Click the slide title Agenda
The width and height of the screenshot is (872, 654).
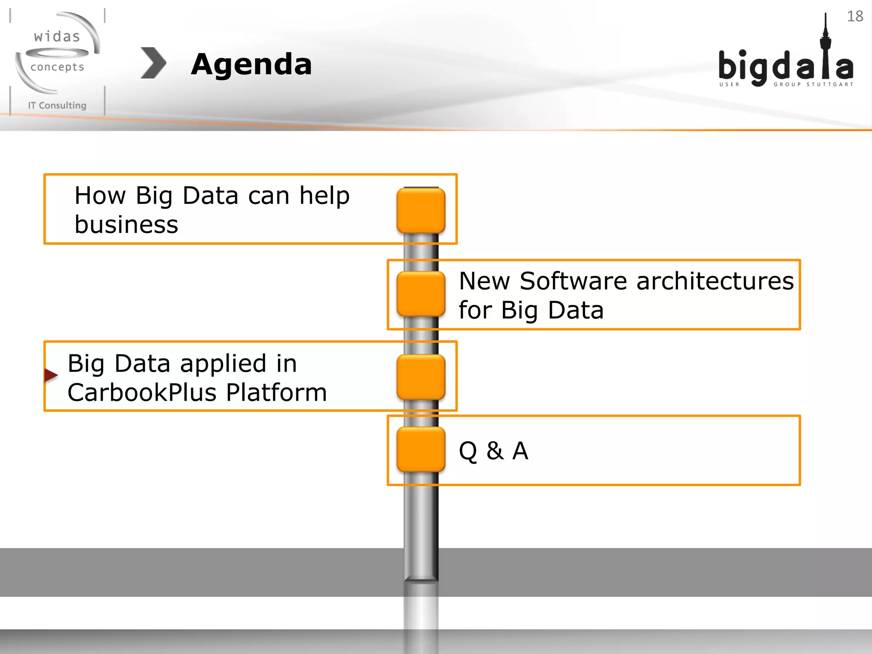click(251, 65)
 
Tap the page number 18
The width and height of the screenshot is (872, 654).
click(855, 16)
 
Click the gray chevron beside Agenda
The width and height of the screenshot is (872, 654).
click(153, 63)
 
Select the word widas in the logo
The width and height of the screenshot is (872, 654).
click(57, 37)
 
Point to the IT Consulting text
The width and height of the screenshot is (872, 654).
click(57, 105)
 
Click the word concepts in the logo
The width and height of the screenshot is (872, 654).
click(57, 67)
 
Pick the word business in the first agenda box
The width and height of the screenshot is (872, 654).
click(126, 224)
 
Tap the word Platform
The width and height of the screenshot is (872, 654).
click(276, 392)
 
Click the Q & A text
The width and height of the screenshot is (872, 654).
click(493, 450)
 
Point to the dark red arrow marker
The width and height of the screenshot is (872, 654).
click(51, 375)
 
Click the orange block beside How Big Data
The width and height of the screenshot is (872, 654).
click(421, 210)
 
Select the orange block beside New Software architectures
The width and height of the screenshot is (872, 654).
click(421, 294)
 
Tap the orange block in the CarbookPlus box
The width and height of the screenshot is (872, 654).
click(421, 377)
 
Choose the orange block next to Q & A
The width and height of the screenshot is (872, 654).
click(421, 449)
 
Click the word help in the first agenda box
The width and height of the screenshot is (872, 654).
click(324, 196)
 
